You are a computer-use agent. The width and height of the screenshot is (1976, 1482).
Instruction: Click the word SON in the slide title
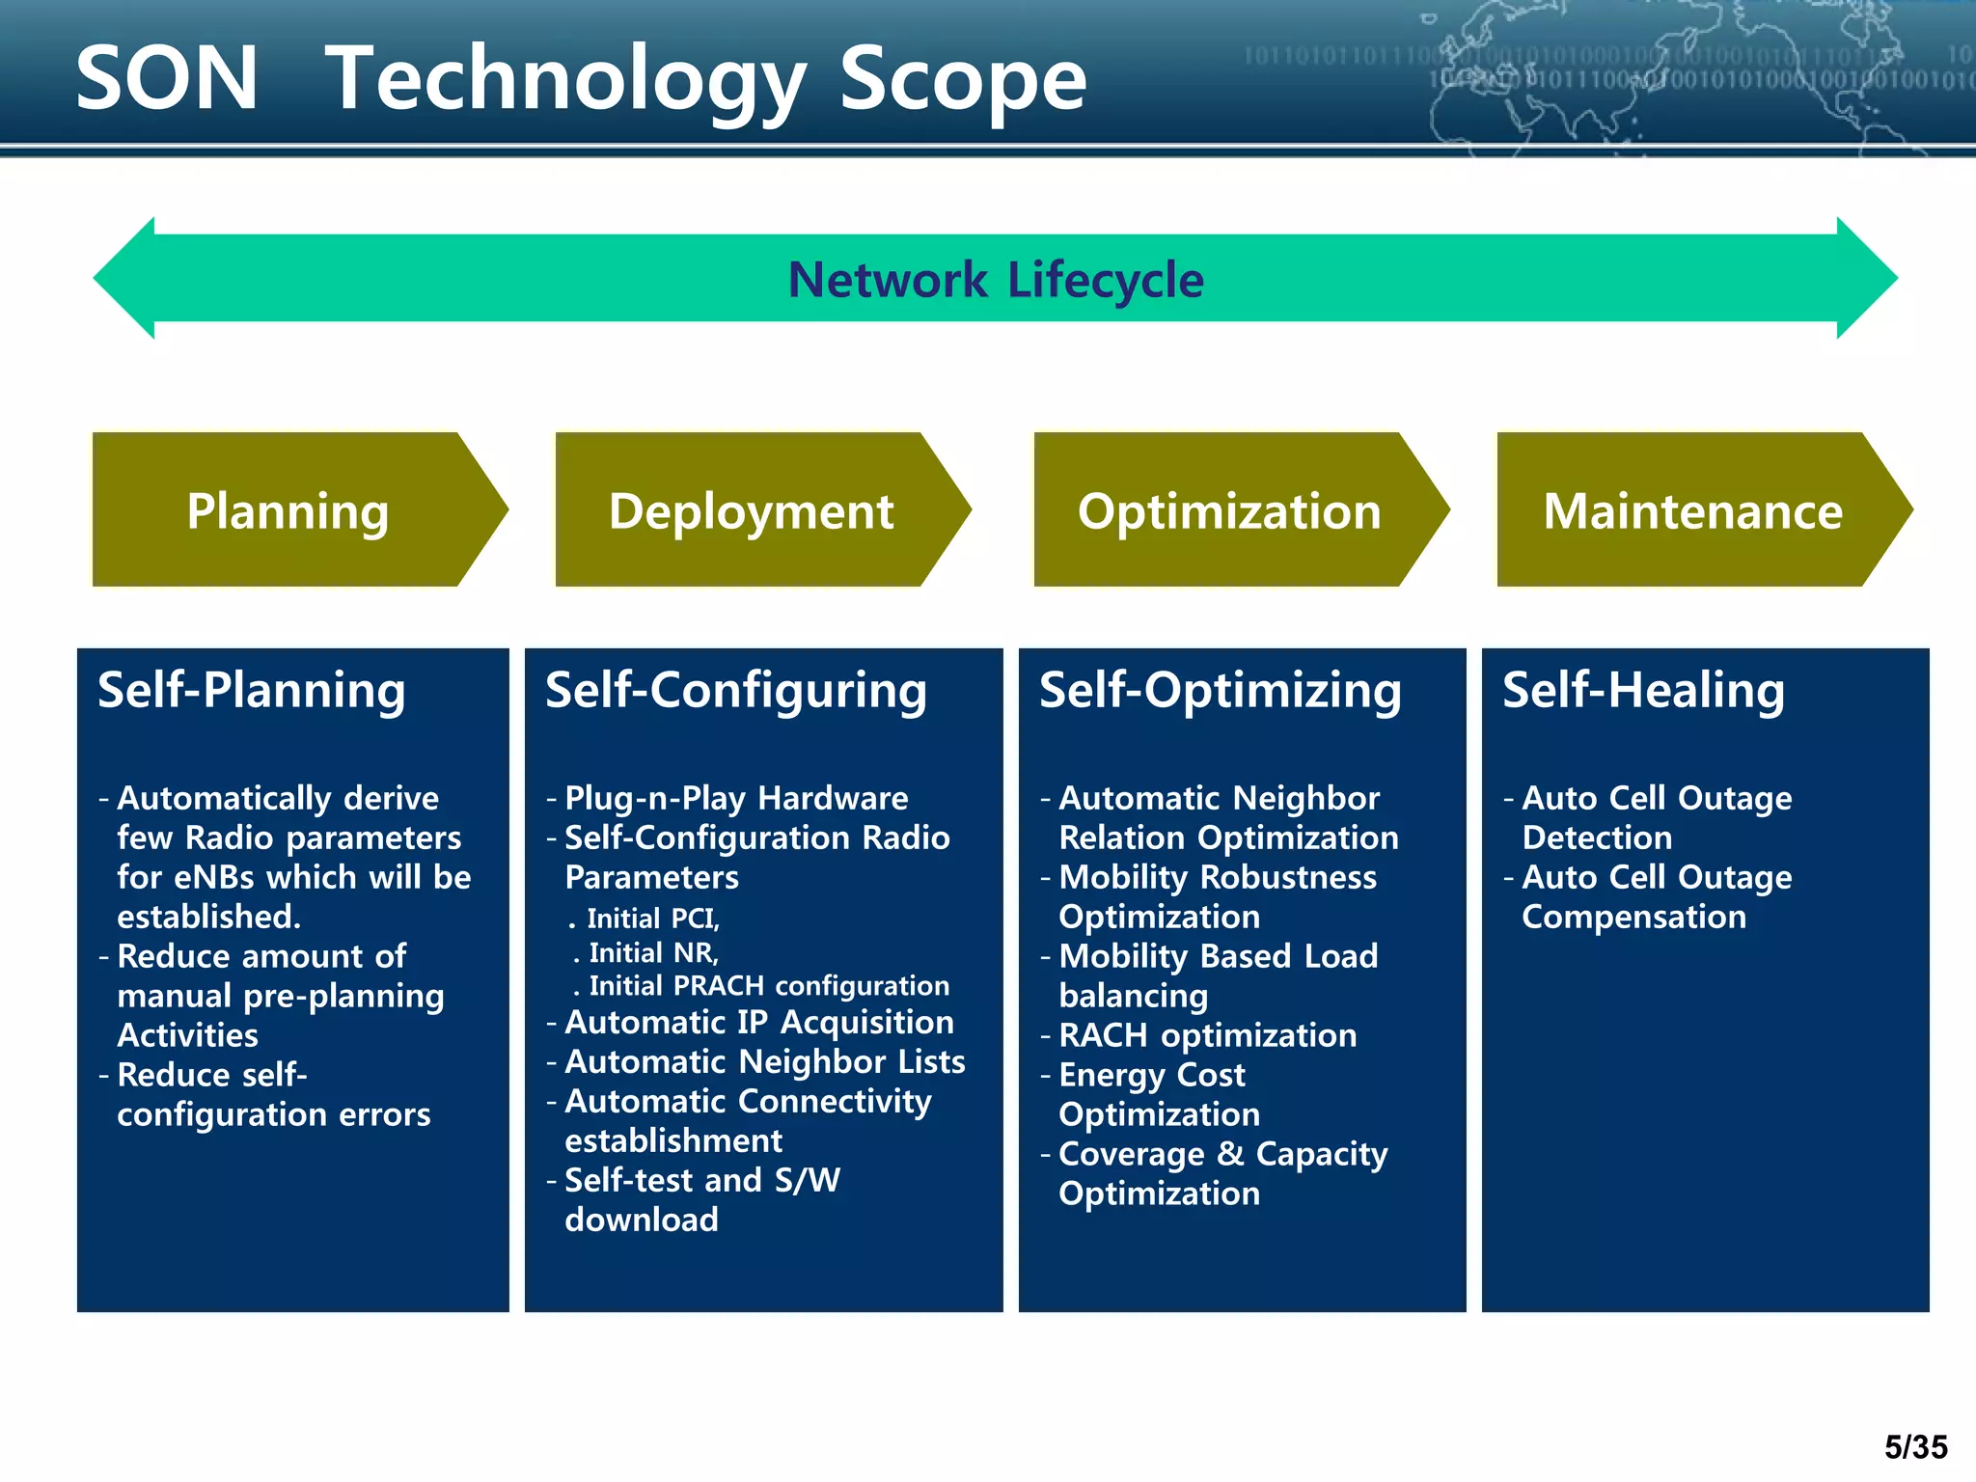click(x=167, y=79)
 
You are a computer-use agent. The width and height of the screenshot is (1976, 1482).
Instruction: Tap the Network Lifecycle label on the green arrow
click(x=996, y=280)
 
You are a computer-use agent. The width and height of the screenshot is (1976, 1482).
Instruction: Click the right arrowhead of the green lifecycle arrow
click(x=1867, y=278)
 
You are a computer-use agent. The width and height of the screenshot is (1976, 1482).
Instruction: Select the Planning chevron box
click(x=288, y=510)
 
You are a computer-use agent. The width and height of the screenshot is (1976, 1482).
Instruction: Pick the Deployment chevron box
click(x=751, y=510)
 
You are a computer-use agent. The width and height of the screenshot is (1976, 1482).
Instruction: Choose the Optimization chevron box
click(x=1229, y=510)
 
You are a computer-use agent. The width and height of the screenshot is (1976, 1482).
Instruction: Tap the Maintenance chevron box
click(x=1692, y=510)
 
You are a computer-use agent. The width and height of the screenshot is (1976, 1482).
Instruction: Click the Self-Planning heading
click(x=252, y=691)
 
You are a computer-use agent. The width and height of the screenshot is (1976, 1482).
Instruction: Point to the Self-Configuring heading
click(x=736, y=691)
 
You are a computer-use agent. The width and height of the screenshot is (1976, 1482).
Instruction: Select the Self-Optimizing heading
click(x=1220, y=691)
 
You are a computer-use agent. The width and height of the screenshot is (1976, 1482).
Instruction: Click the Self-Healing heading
click(x=1643, y=691)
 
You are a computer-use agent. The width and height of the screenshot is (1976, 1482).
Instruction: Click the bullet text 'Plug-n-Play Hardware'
click(x=735, y=798)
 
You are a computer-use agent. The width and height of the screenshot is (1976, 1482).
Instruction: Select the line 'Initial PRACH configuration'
click(x=768, y=985)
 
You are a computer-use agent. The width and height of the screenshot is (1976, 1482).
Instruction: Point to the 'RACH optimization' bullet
click(x=1207, y=1035)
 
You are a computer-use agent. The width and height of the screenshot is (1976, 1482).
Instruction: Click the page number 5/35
click(x=1915, y=1446)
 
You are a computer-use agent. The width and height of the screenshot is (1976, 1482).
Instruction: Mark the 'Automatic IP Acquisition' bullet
click(x=758, y=1022)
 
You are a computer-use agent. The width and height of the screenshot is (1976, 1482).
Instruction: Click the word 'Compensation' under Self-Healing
click(x=1633, y=917)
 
